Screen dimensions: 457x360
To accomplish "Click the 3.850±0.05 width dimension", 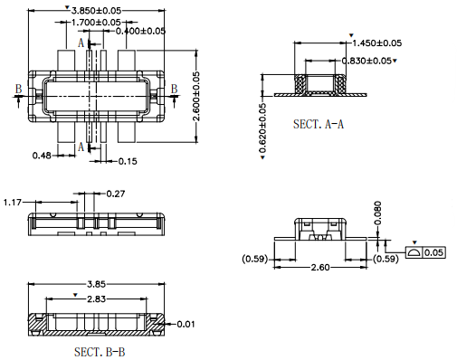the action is [x=96, y=11].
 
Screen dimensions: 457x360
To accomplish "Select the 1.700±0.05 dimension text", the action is [x=96, y=23].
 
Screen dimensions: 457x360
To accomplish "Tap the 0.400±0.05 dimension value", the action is [x=140, y=31].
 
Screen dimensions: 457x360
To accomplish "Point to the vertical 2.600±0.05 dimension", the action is [x=196, y=96].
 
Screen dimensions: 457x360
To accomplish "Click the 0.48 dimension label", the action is [x=42, y=156].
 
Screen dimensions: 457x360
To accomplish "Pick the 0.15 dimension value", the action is [x=128, y=161].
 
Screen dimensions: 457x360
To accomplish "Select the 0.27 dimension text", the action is [x=116, y=194].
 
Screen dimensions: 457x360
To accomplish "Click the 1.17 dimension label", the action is [x=13, y=202].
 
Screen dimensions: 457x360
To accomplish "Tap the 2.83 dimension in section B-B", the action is [x=97, y=299].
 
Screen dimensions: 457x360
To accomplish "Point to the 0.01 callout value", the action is [x=186, y=325].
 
